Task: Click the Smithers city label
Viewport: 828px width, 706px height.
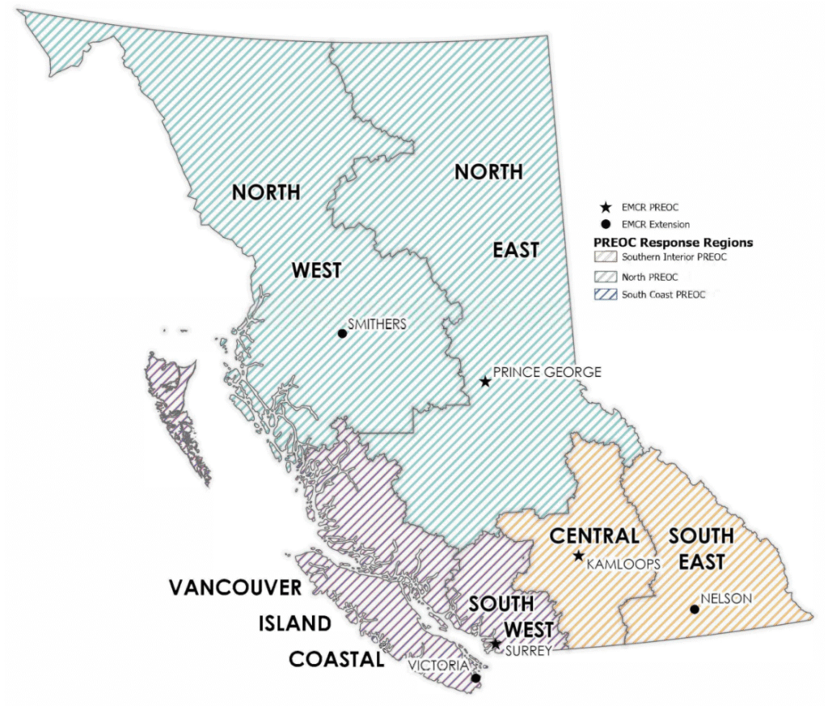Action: point(377,323)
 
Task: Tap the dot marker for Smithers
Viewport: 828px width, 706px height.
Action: point(342,333)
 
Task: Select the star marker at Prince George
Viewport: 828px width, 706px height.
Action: point(484,381)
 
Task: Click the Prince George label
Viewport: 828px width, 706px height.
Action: point(547,372)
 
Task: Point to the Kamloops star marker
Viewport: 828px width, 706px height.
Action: point(578,556)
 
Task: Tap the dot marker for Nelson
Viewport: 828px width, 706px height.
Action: point(694,609)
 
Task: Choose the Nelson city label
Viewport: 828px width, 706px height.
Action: point(727,599)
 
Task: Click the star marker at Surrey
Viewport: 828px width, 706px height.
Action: point(496,644)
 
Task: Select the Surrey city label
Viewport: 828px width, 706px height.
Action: point(529,649)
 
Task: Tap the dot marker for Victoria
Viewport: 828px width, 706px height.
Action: point(475,678)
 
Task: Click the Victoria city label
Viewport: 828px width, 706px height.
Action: point(438,666)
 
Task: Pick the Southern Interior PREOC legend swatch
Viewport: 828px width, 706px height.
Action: point(606,258)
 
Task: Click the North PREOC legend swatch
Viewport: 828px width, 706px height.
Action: point(606,277)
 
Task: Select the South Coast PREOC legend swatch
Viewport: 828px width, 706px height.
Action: point(606,294)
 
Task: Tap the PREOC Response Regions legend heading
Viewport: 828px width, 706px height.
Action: point(674,242)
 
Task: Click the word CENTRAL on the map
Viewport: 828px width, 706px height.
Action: point(594,535)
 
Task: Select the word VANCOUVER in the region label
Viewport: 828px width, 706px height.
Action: point(235,587)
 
